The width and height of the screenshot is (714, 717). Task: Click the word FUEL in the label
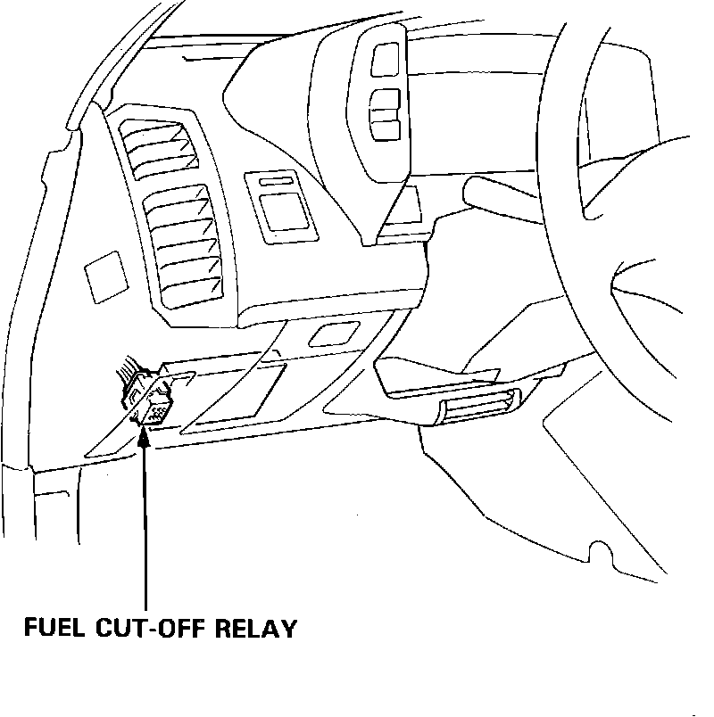54,628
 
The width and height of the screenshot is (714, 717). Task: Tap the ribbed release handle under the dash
477,409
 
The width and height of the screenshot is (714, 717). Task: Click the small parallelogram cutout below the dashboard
329,335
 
